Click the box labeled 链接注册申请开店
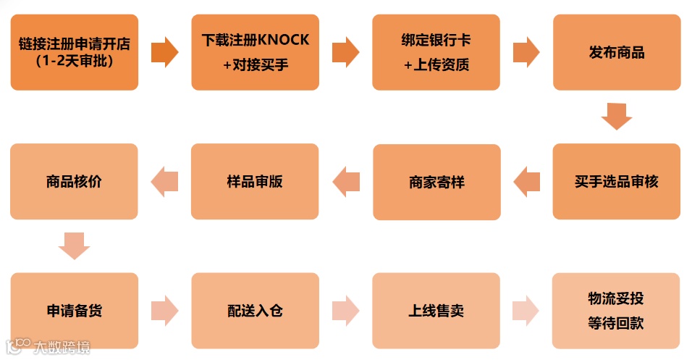coord(74,51)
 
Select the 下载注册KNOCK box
coord(255,51)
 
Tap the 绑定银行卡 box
coord(436,51)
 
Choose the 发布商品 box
coord(617,51)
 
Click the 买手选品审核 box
coord(617,181)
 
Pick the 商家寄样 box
coord(436,182)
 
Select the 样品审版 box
coord(255,181)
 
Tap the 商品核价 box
coord(74,181)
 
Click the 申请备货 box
coord(74,311)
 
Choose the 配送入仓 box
coord(255,311)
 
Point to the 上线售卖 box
coord(436,311)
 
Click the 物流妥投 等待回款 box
coord(616,311)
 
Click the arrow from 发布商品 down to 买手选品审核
coord(617,117)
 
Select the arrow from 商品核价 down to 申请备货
coord(74,246)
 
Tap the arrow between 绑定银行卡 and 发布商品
coord(526,52)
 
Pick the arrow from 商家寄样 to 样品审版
coord(346,181)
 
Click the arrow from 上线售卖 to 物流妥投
coord(526,311)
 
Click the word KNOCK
coord(288,39)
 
